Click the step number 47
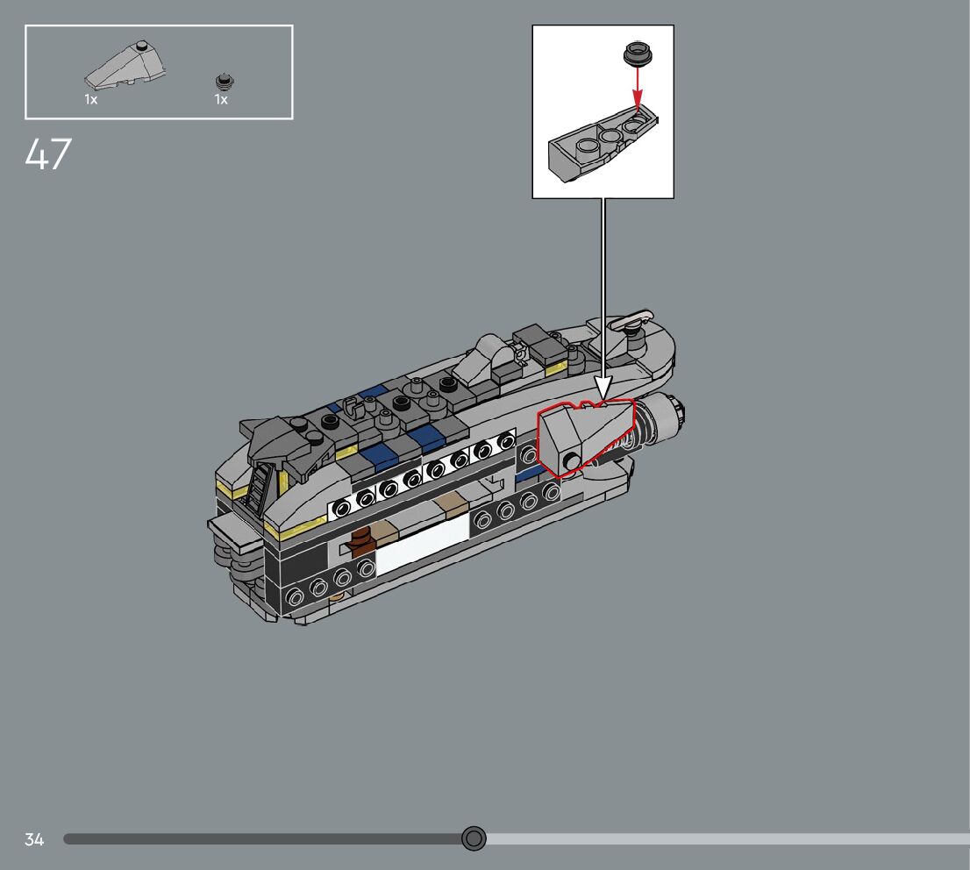[48, 153]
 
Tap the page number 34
[34, 839]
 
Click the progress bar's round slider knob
[474, 838]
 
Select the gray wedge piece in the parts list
[125, 64]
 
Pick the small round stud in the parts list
[225, 81]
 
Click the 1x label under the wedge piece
[91, 99]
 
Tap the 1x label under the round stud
[221, 99]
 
